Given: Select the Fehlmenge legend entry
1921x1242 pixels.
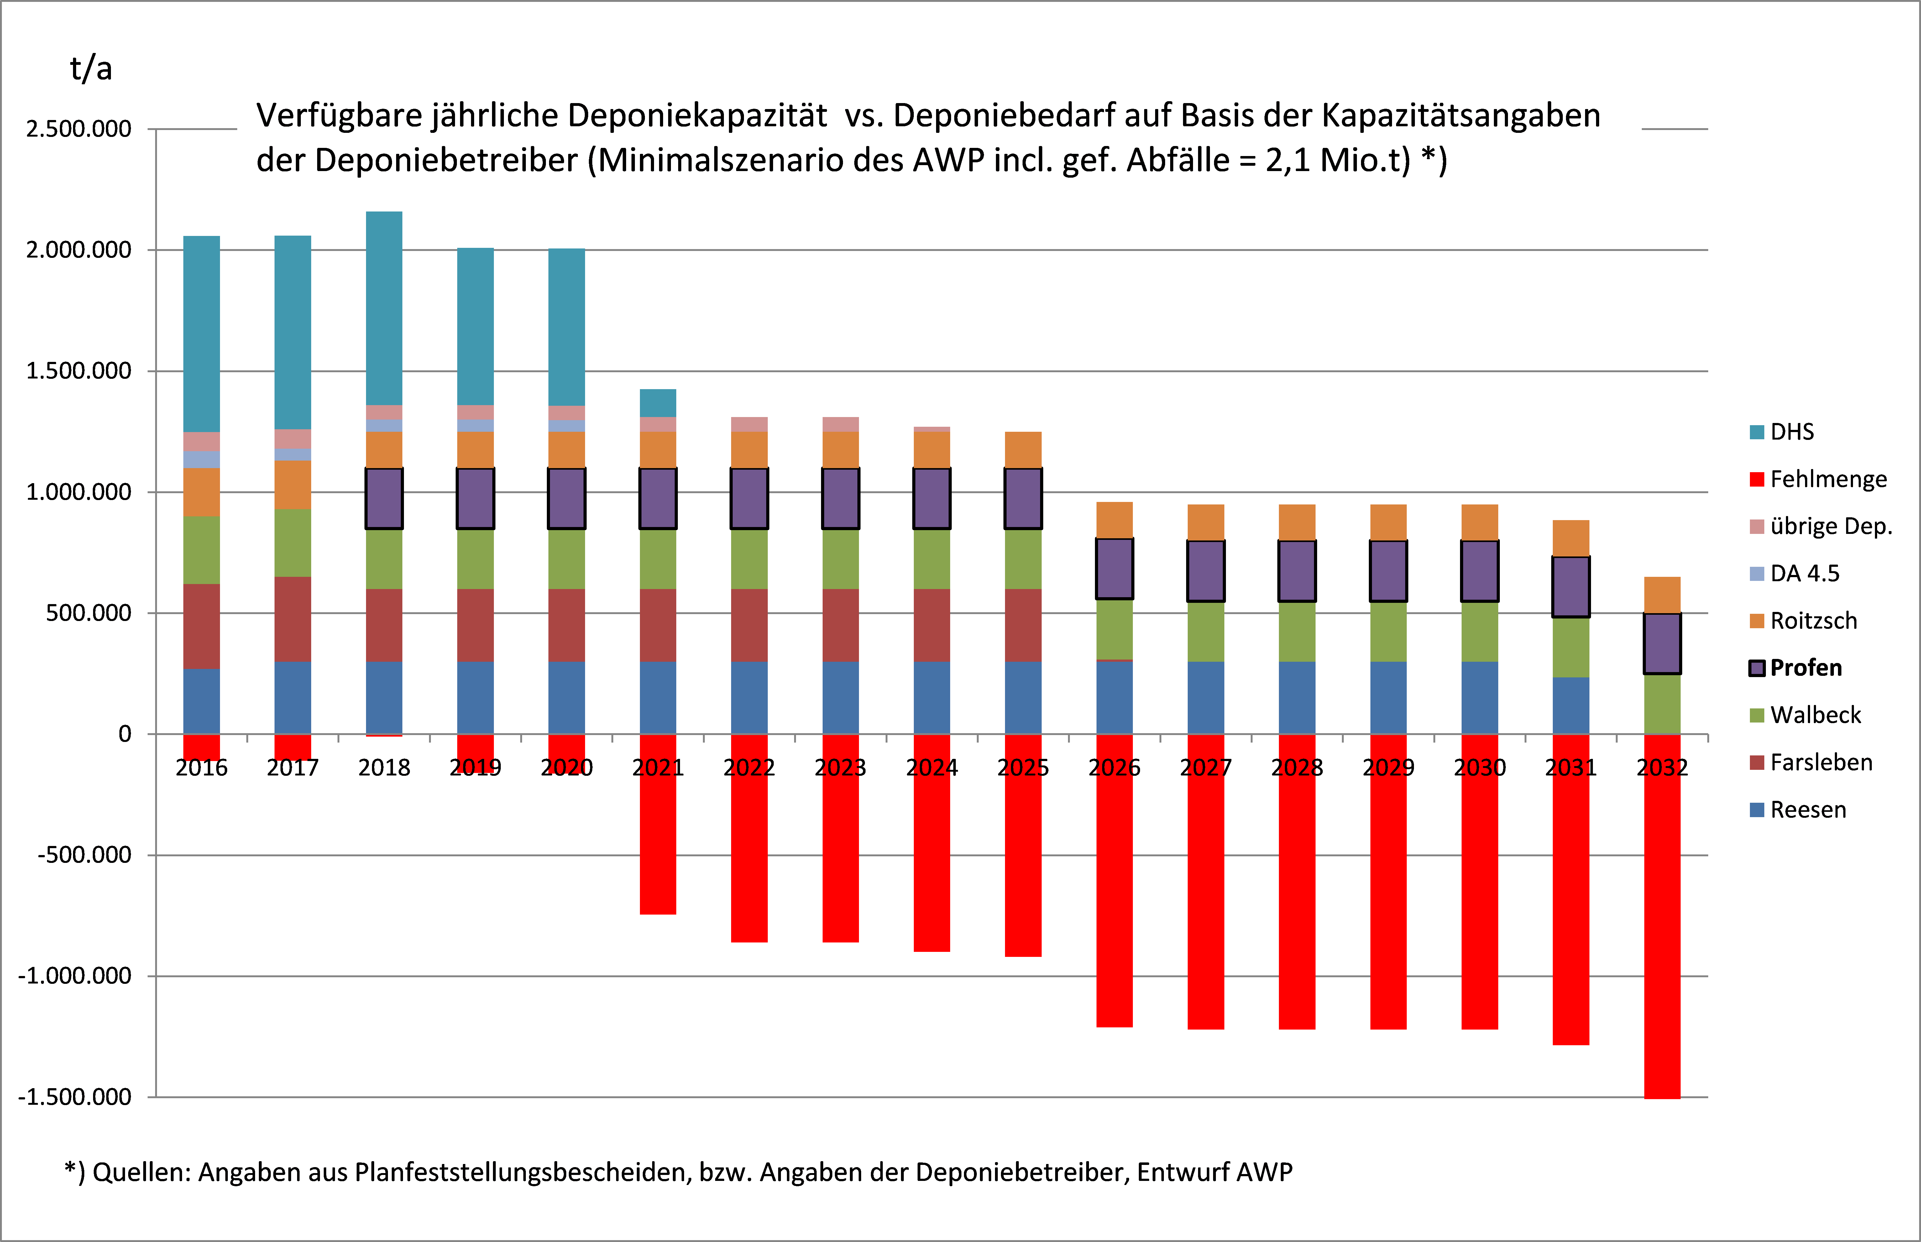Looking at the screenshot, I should coord(1827,479).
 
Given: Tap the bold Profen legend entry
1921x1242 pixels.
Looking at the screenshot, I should coord(1805,668).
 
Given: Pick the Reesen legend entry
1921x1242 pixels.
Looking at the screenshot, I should coord(1807,810).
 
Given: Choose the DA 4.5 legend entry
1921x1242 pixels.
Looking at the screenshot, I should coord(1804,573).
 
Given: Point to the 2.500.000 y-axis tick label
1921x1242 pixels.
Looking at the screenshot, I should coord(78,129).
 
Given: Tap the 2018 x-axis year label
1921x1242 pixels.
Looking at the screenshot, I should coord(384,768).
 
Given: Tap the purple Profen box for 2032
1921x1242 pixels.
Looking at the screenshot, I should coord(1662,644).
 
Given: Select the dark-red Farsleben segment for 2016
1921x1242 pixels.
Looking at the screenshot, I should coord(202,626).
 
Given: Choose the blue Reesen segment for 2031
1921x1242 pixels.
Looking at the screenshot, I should coord(1571,706).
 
